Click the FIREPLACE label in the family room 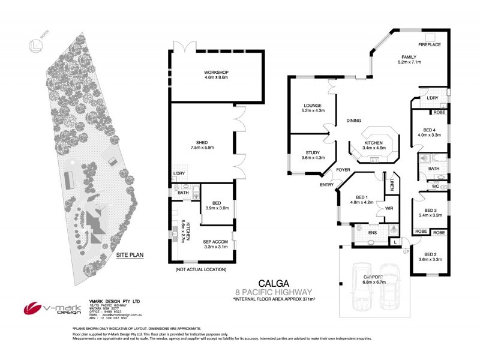coord(430,44)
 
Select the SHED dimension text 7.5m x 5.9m coord(202,148)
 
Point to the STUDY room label coord(312,152)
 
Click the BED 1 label coord(361,197)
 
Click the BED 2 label coord(428,254)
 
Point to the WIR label coord(389,208)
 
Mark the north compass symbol coord(35,46)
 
